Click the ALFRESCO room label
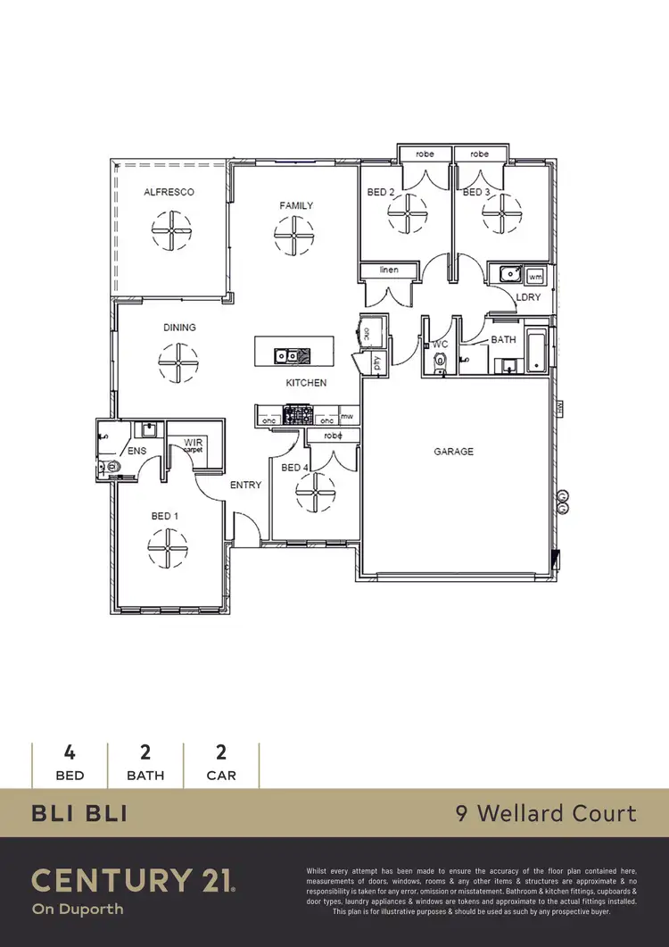169,192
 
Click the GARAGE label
454,452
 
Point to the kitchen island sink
286,354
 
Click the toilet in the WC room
438,361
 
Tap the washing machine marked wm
534,275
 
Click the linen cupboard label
387,270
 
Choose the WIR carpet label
194,445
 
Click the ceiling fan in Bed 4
316,494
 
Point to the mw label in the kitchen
346,417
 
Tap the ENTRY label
245,485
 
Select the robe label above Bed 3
480,154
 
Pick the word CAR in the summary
221,775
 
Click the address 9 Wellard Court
545,813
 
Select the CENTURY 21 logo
134,880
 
